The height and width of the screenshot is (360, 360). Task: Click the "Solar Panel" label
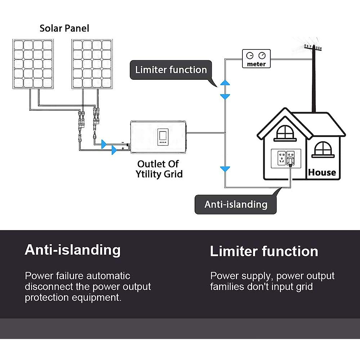pos(64,28)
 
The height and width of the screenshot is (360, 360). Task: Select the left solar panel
pos(33,64)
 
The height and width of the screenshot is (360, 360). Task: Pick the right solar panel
pos(92,64)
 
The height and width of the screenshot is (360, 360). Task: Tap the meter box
pos(256,59)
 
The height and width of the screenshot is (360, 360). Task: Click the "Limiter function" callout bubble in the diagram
pos(171,70)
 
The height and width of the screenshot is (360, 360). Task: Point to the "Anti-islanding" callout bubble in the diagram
pos(236,205)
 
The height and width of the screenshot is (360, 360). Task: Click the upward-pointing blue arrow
pos(225,83)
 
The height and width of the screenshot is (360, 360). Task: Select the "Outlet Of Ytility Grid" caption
pos(159,169)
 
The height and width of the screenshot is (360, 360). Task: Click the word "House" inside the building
pos(322,172)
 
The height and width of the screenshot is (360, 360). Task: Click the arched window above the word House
pos(323,149)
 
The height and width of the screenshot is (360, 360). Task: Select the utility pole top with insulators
pos(313,47)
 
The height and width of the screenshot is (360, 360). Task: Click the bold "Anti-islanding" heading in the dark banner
pos(73,250)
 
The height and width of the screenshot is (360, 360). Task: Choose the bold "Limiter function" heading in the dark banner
pos(264,251)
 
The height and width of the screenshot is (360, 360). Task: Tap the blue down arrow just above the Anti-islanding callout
pos(225,169)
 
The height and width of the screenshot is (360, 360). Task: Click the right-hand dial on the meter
pos(262,55)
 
